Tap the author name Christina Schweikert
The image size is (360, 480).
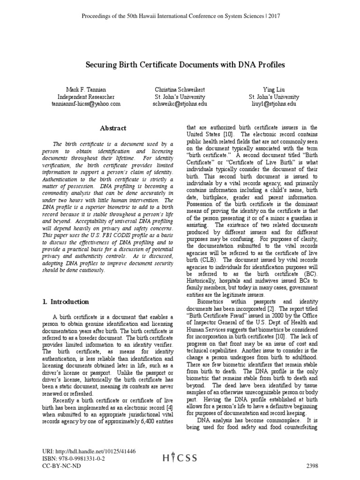[x=180, y=89]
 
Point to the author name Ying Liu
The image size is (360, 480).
[x=274, y=89]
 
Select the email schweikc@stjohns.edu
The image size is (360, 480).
[x=180, y=104]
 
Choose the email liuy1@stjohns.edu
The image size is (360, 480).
[x=274, y=104]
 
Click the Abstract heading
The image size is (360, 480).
[x=113, y=128]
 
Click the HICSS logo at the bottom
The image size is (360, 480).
[x=180, y=459]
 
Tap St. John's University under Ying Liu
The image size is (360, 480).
[x=274, y=97]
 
